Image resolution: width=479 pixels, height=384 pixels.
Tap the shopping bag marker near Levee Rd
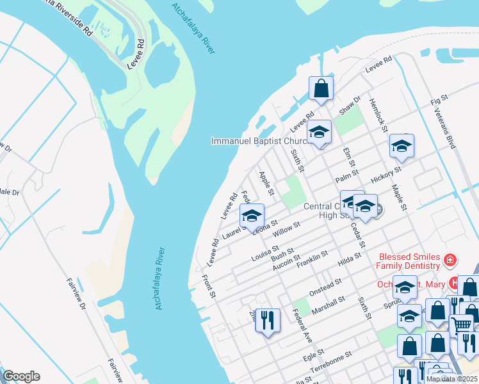[x=321, y=88]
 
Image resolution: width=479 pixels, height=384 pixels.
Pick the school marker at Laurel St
[x=252, y=215]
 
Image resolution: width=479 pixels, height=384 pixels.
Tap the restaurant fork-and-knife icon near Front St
[x=268, y=318]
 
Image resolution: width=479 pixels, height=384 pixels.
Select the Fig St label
[x=438, y=101]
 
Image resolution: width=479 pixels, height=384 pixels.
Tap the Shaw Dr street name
[x=350, y=106]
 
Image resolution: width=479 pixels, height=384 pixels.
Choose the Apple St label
[x=266, y=183]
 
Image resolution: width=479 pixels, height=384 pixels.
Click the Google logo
[x=21, y=376]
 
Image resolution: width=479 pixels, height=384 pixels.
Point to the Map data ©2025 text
[x=451, y=379]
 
